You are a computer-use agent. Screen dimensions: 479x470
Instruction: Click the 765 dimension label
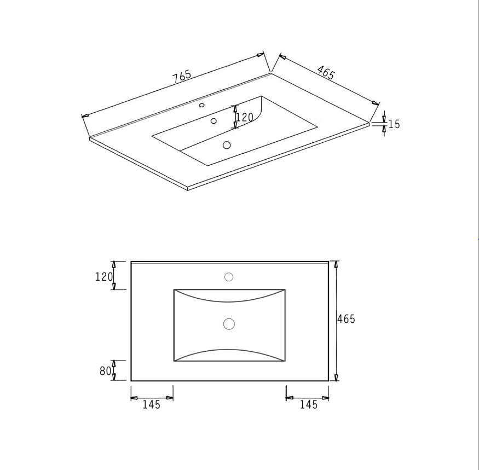point(182,77)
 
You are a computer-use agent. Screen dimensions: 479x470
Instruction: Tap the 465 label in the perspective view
point(326,73)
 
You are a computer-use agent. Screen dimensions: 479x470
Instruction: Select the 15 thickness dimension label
point(394,124)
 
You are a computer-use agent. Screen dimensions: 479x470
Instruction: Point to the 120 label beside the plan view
point(104,277)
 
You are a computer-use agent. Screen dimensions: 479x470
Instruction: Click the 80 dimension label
point(106,371)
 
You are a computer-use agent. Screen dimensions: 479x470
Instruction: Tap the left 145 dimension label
point(151,405)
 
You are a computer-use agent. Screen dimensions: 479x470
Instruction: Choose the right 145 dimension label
point(309,405)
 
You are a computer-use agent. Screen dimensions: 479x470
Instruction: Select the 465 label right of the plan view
point(346,319)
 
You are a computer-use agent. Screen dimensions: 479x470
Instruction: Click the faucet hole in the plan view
point(229,277)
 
